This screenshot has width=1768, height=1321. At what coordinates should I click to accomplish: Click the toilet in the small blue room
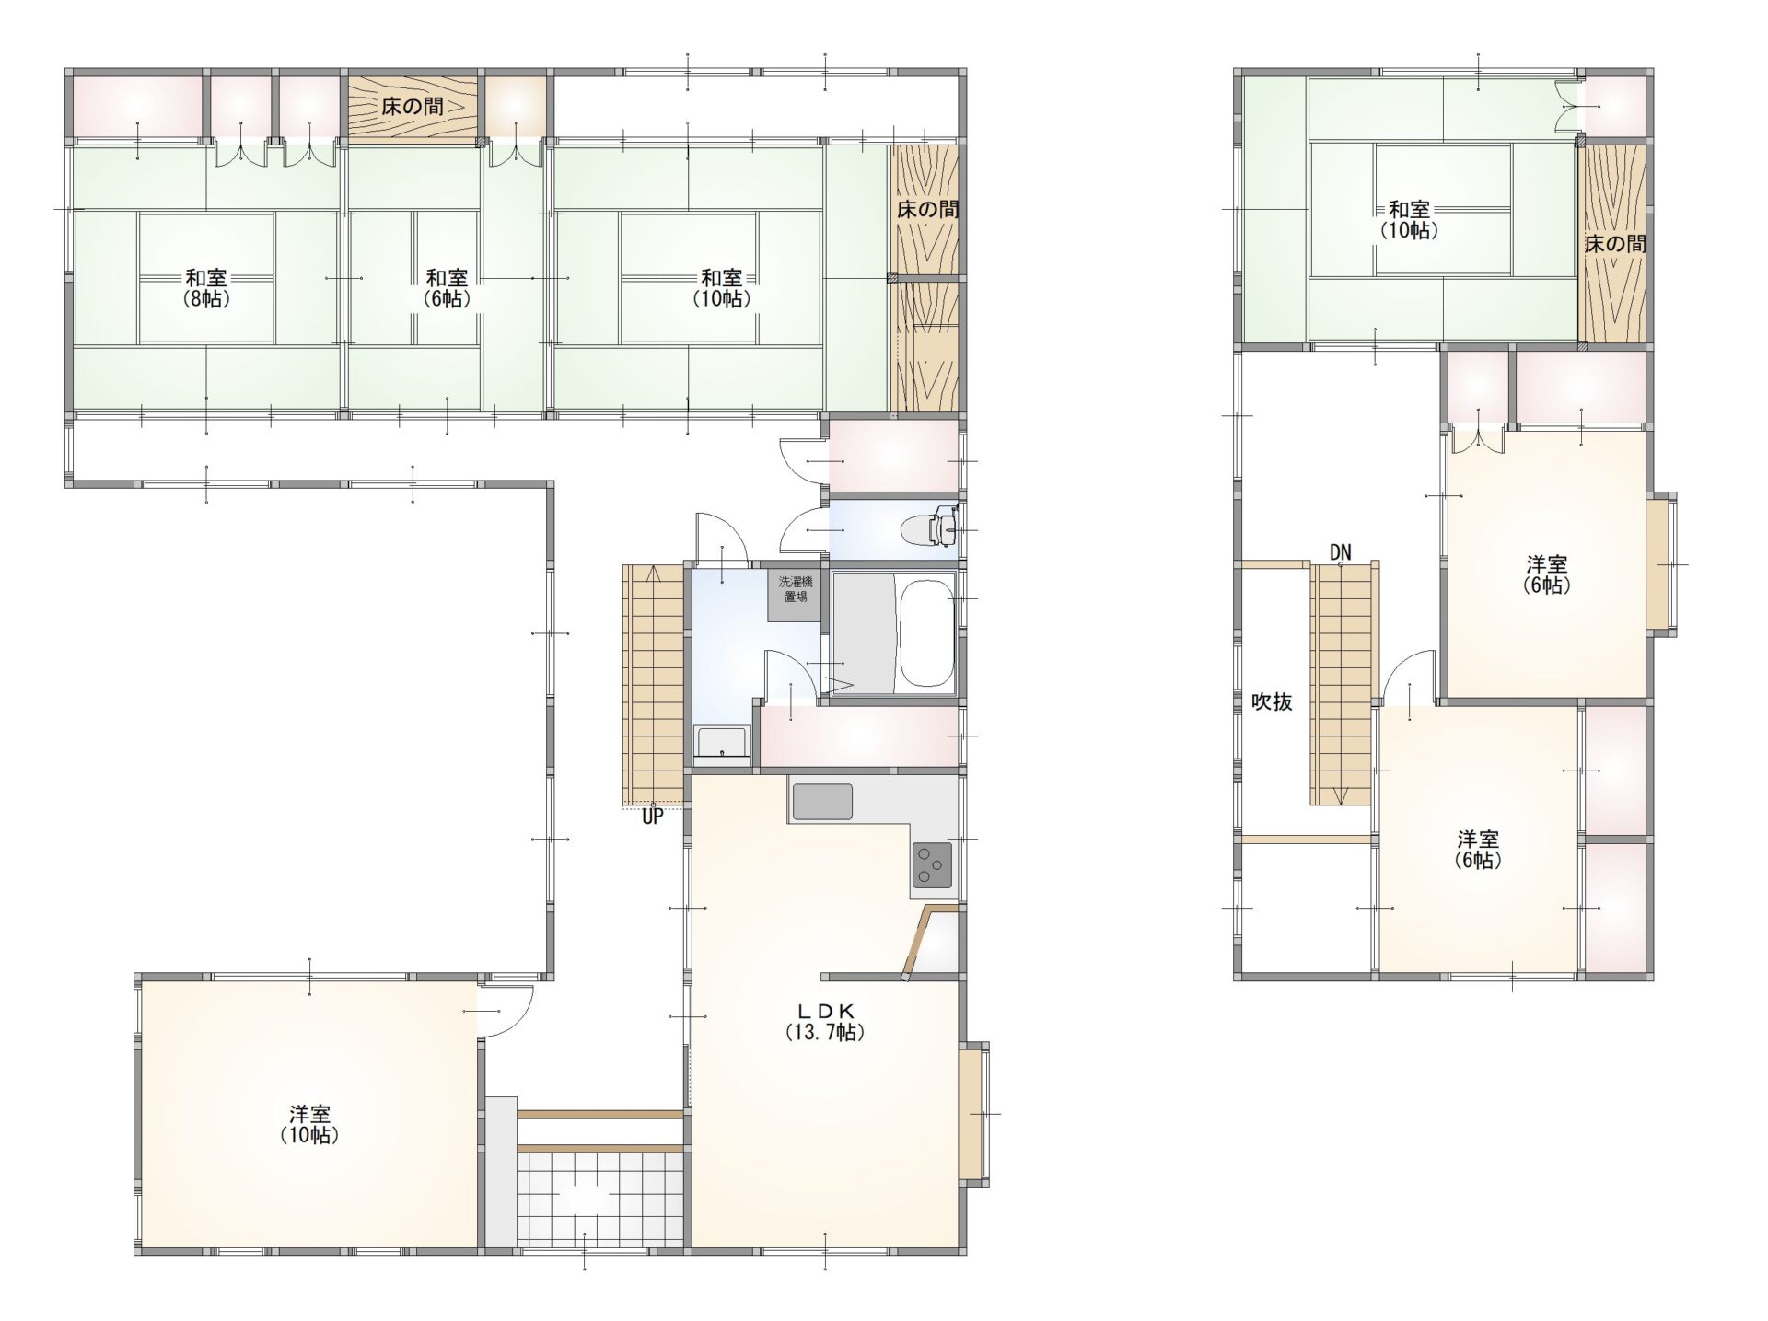click(934, 527)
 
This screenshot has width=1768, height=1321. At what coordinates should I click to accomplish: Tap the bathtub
click(925, 632)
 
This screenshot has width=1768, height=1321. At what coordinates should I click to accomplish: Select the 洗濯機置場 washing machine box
click(794, 596)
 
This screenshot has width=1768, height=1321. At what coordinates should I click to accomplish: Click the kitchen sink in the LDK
click(822, 802)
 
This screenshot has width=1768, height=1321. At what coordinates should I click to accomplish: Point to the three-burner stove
click(933, 864)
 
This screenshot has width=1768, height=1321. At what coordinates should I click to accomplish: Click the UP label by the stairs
click(652, 817)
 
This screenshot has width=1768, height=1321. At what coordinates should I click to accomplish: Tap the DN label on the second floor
click(1340, 552)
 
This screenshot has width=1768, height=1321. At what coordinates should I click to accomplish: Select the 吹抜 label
click(1272, 702)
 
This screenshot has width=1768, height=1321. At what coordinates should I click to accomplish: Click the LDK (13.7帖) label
click(824, 1021)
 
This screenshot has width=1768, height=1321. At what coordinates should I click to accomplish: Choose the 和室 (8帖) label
click(206, 287)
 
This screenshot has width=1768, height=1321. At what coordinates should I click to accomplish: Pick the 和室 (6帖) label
click(447, 287)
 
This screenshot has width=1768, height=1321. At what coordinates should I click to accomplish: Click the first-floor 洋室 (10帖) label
click(309, 1124)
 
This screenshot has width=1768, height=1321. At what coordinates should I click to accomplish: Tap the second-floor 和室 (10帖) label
click(1409, 220)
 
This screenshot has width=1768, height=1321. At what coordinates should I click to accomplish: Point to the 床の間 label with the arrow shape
click(413, 107)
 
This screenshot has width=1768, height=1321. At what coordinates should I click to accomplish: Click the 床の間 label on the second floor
click(1615, 244)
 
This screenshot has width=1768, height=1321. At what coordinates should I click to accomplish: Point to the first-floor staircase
click(655, 685)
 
